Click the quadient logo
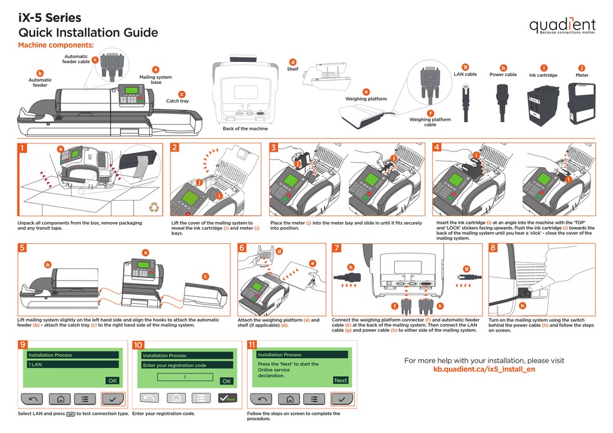[x=562, y=26]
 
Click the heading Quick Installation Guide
[x=88, y=33]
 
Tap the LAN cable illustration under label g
[x=465, y=103]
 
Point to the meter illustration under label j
[x=581, y=103]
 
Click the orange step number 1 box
[x=24, y=148]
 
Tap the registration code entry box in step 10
[x=185, y=377]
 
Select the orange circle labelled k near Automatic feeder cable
[x=95, y=60]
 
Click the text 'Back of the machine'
[x=245, y=128]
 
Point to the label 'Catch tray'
[x=177, y=101]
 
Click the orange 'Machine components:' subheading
[x=55, y=46]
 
